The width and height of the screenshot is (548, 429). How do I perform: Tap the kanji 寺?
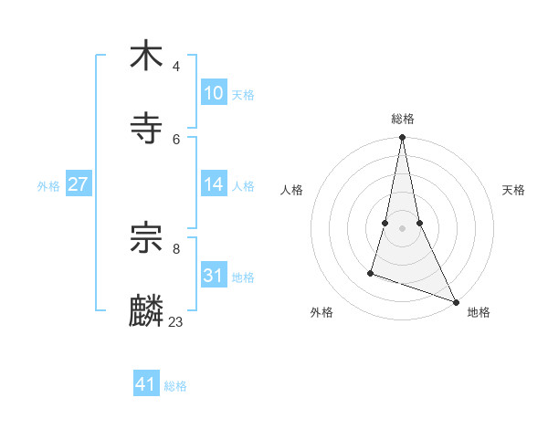(146, 128)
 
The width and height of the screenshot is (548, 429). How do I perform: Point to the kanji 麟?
(146, 310)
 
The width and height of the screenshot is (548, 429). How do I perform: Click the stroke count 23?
(176, 321)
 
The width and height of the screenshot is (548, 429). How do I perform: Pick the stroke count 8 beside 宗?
(176, 248)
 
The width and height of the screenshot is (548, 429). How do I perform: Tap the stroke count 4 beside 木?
(176, 66)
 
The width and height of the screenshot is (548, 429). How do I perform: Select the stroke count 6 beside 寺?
(176, 139)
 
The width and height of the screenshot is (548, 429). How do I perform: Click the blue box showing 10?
(214, 93)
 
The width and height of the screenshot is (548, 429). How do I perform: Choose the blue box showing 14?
(214, 184)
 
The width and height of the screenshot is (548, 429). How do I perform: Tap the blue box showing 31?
(214, 276)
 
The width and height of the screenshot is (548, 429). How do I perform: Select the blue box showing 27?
(79, 184)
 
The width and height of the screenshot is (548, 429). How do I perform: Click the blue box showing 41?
(146, 384)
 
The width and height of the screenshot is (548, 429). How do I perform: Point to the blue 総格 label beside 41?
(175, 386)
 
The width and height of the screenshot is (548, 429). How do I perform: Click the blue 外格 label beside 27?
(48, 186)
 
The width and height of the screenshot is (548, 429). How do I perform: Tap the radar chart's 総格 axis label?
(402, 119)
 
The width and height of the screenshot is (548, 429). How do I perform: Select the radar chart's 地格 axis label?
(479, 312)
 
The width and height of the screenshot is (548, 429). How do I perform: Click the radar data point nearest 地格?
(455, 301)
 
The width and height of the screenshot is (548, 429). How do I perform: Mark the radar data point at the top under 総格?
(402, 138)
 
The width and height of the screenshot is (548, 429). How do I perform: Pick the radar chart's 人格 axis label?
(292, 190)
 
